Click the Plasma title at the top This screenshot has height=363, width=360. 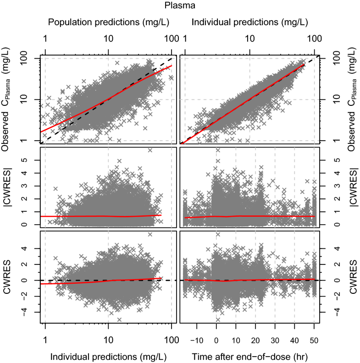[x=179, y=6]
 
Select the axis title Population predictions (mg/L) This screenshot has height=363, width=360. [x=108, y=22]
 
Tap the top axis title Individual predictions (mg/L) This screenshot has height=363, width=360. [x=249, y=22]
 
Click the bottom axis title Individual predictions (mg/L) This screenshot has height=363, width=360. [x=108, y=357]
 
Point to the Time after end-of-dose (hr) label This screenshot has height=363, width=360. [x=249, y=357]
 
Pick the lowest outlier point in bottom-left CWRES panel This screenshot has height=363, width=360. [x=119, y=319]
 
